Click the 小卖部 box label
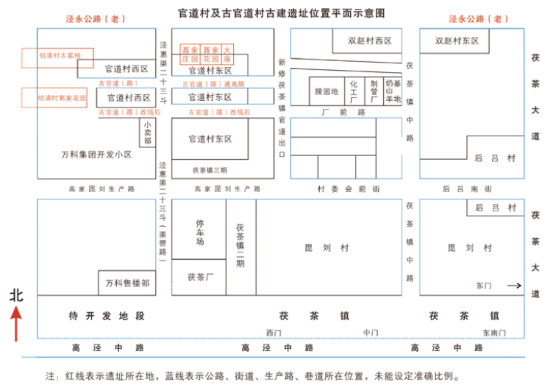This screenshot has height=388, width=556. coord(148,133)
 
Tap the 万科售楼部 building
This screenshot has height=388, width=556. coord(127,283)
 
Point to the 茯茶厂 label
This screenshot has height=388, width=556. coord(199,278)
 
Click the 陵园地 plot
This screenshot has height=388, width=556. coord(326,92)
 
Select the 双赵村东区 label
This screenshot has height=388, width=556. coord(456,41)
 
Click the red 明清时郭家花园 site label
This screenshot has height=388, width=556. coord(63,97)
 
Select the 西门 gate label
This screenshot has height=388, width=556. coord(274,333)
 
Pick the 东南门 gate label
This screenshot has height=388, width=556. coord(495,333)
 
